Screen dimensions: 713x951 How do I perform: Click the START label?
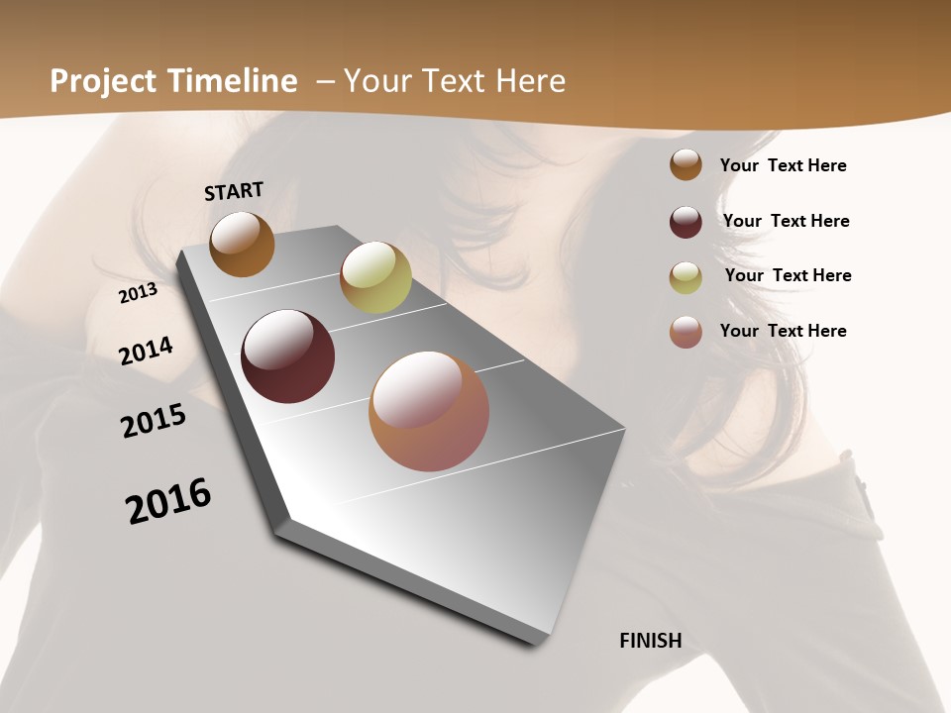(x=234, y=191)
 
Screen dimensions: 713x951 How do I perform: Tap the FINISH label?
(x=650, y=641)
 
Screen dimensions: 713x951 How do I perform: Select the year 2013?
(x=139, y=293)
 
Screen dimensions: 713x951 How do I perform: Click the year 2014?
(x=146, y=352)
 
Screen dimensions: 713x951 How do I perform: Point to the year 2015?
(x=154, y=421)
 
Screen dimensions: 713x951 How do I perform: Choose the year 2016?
(x=168, y=500)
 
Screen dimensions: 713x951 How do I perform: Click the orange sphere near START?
(x=242, y=245)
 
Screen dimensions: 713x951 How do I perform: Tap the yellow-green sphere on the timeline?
(x=375, y=277)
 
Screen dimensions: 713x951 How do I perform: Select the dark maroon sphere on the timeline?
(x=287, y=356)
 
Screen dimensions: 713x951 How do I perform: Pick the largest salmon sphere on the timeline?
(x=429, y=411)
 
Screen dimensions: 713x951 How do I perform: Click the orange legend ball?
(x=686, y=165)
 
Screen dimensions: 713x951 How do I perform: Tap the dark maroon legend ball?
(x=686, y=221)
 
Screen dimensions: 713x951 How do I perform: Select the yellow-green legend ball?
(x=686, y=276)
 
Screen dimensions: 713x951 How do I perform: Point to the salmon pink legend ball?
(x=686, y=332)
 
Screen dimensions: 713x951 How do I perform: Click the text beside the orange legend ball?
(x=783, y=165)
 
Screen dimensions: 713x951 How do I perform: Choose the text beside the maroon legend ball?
(x=786, y=221)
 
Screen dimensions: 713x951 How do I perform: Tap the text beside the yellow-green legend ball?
(x=788, y=275)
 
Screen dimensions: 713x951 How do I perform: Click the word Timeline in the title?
(x=233, y=81)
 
